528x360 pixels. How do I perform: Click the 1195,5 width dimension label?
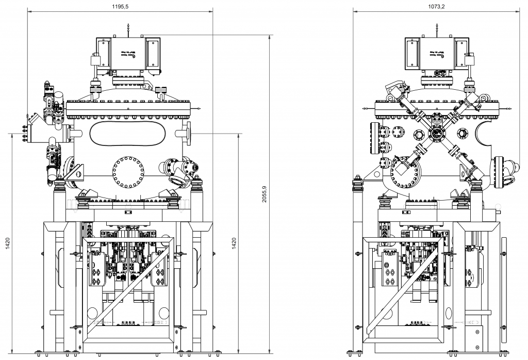tap(120, 6)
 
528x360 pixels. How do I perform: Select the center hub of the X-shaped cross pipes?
tap(437, 134)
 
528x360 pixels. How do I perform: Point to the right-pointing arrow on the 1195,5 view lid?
tap(200, 108)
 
